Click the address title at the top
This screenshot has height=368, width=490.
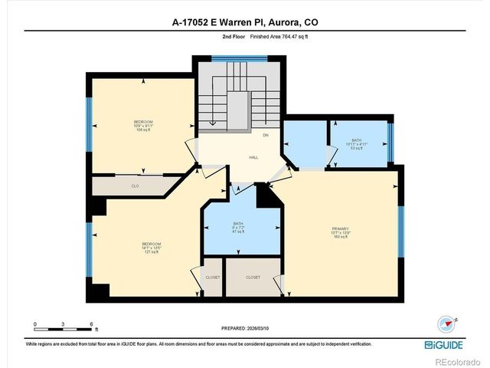coord(245,23)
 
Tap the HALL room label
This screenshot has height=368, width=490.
coord(253,158)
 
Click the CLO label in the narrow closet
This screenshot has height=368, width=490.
coord(135,186)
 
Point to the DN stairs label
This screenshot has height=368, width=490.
coord(266,136)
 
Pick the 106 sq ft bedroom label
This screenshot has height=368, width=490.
coord(143,127)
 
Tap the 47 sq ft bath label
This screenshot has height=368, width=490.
coord(239,228)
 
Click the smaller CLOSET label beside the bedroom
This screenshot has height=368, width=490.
coord(212,278)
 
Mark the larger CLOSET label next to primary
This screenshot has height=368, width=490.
coord(253,278)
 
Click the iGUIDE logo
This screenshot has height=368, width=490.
coord(443,345)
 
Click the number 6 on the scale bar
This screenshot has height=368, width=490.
coord(91,324)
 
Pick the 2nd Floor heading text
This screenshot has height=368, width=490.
coord(233,36)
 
